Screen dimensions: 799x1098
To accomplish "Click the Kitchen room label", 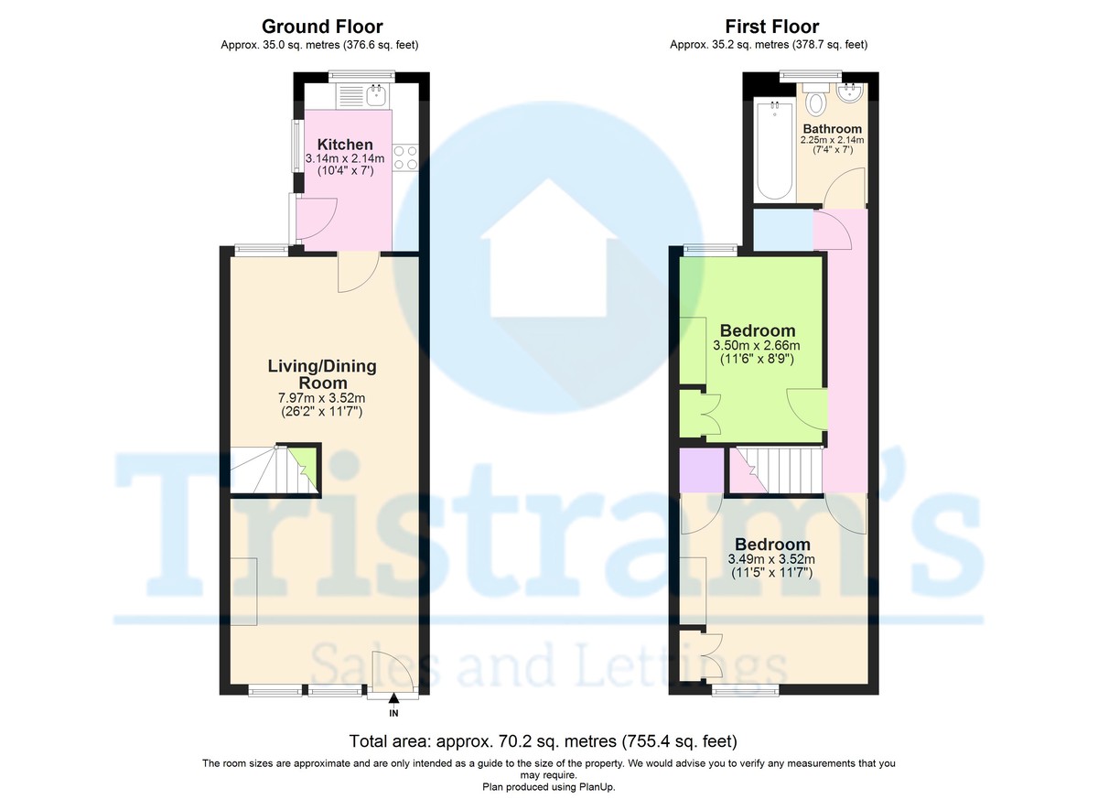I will tap(345, 145).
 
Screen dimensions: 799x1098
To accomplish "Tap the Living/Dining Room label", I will tap(321, 374).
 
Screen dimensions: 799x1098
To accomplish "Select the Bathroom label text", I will tap(832, 129).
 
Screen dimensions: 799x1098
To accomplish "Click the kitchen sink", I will tap(375, 95).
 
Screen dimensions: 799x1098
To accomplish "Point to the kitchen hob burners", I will tap(405, 157).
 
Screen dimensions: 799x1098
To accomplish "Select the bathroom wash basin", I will tap(851, 93).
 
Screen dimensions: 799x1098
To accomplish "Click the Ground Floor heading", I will tap(322, 27).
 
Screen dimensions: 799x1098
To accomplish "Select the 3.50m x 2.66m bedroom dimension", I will tap(757, 346).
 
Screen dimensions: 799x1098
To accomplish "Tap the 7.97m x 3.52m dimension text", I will tap(321, 398).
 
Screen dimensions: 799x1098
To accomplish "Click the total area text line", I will tap(544, 740).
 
